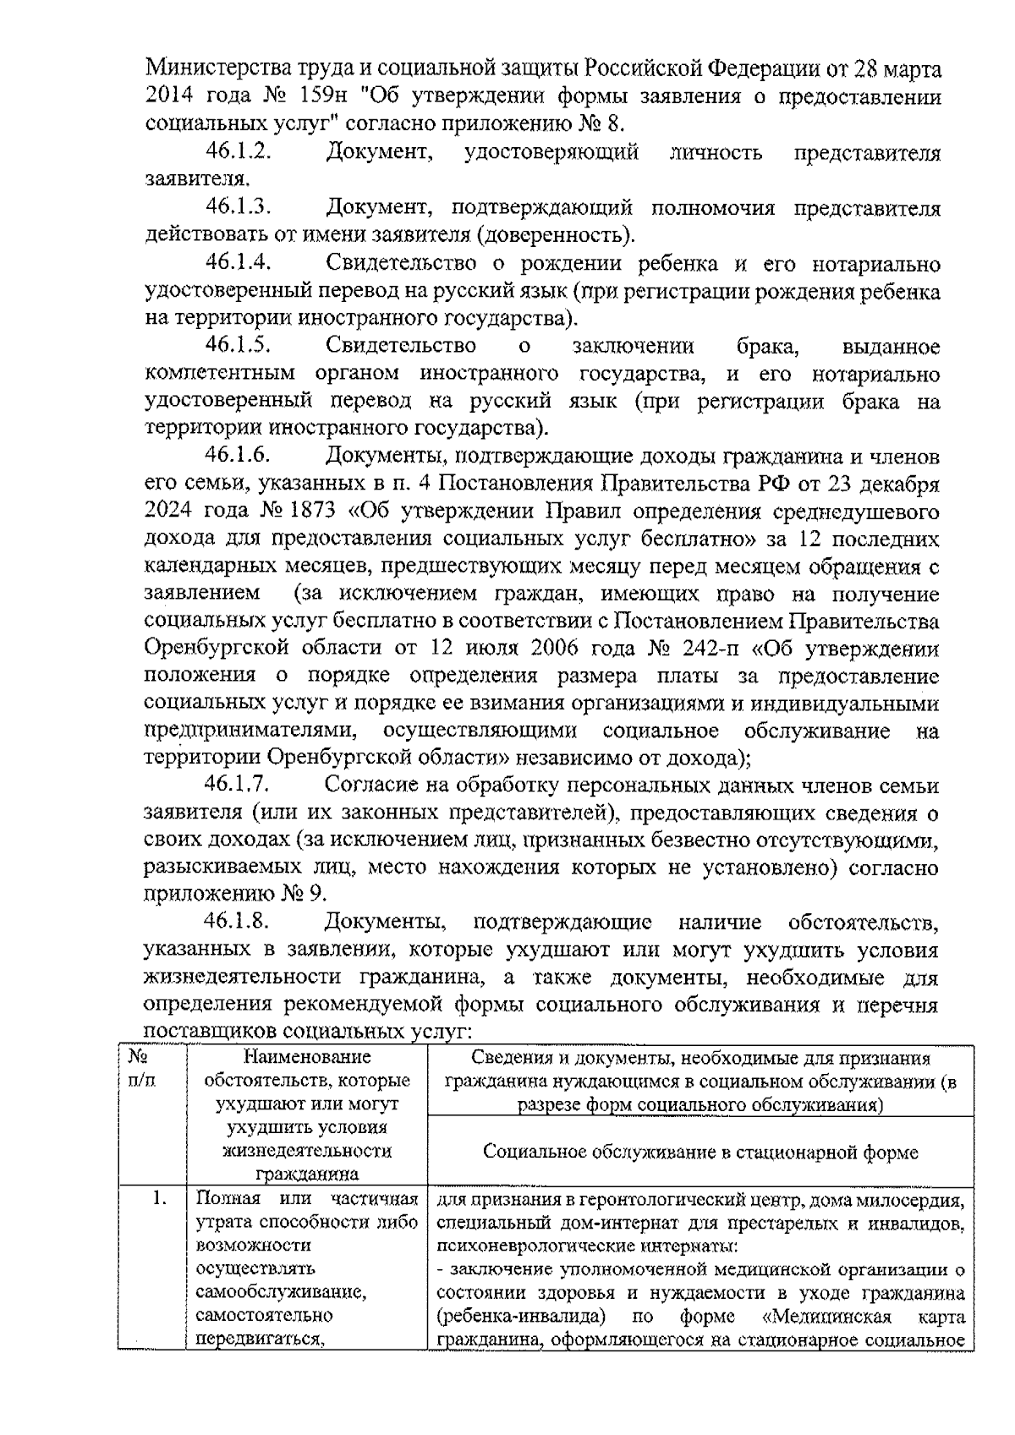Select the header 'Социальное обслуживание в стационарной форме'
click(700, 1152)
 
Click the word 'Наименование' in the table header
click(307, 1057)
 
